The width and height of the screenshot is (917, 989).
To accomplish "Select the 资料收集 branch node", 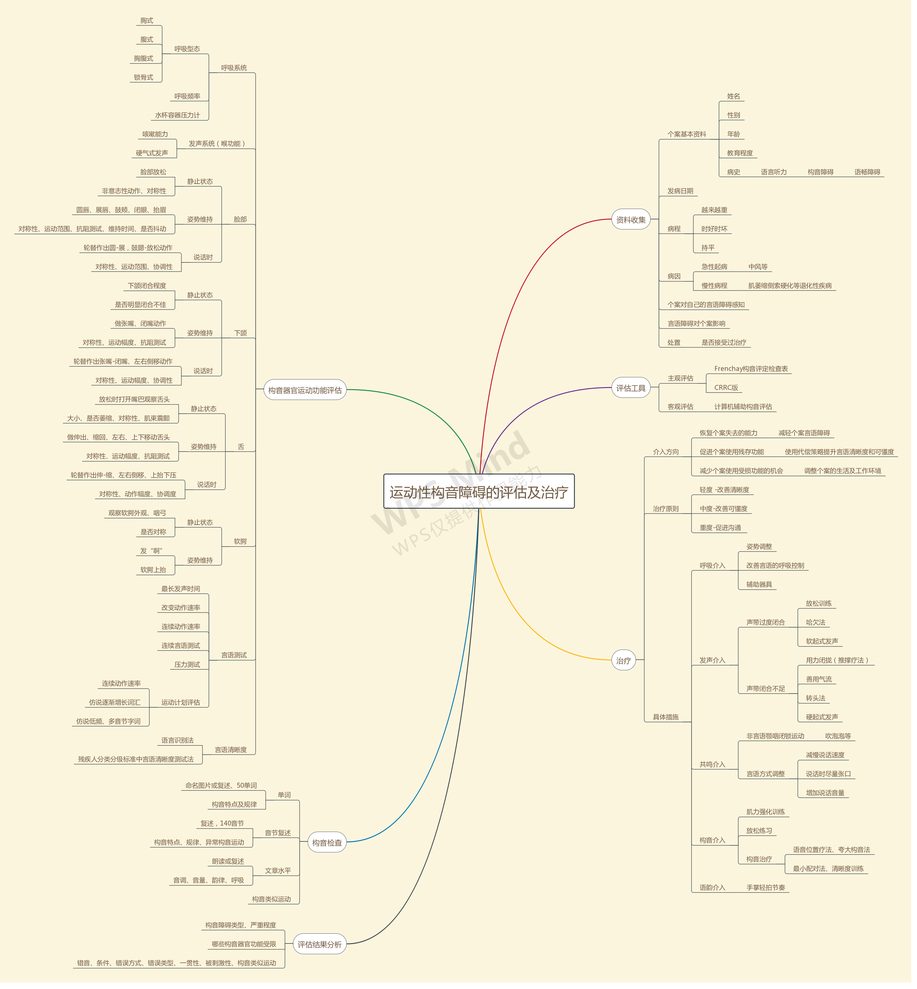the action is click(x=631, y=219).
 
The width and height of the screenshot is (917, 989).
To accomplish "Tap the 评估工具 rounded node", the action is click(x=631, y=388).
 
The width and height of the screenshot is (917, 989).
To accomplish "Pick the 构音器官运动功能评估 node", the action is click(x=305, y=390).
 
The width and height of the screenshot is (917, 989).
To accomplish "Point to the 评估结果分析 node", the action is click(x=320, y=944).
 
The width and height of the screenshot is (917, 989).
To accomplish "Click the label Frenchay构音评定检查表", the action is click(x=751, y=369).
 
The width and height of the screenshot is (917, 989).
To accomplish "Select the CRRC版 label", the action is click(x=726, y=387).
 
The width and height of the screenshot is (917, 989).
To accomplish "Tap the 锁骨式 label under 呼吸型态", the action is click(x=143, y=77).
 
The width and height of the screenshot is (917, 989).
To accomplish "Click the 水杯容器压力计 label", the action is click(x=177, y=115).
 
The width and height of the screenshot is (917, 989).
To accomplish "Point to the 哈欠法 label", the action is click(x=815, y=622).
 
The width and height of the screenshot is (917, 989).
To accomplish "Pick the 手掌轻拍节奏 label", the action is click(x=766, y=887).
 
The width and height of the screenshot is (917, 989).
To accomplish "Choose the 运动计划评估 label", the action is click(x=181, y=702).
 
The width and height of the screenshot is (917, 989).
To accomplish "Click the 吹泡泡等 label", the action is click(x=838, y=736).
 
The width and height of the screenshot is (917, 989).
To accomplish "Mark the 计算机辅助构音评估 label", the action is click(x=743, y=406).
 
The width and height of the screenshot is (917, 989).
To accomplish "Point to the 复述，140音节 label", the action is click(x=222, y=823).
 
